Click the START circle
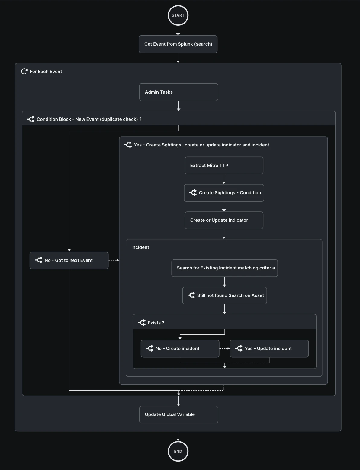178,15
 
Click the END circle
178,451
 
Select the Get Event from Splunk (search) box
178,44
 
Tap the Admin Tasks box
178,92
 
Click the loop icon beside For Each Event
24,72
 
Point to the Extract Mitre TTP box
224,166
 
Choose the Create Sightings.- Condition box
224,193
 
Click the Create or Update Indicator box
224,220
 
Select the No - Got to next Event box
69,260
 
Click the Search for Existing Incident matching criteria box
224,268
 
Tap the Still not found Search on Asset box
224,295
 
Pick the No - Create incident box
180,349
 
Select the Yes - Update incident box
269,349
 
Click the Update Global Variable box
178,414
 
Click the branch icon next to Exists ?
142,323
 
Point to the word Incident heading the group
140,247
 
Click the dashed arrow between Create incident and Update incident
224,349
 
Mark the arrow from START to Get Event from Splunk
178,31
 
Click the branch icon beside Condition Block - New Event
31,119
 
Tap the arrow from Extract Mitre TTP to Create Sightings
224,179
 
